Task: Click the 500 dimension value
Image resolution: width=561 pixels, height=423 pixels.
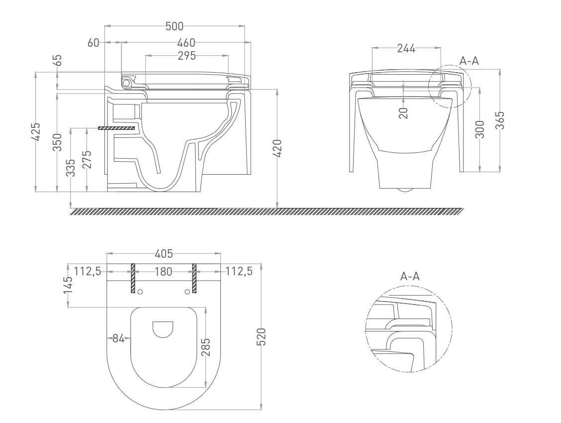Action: [x=175, y=26]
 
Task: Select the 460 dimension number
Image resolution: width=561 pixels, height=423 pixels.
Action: [x=187, y=43]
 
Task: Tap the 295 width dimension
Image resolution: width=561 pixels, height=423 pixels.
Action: [x=187, y=55]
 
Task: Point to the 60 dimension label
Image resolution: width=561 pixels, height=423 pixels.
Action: [x=93, y=43]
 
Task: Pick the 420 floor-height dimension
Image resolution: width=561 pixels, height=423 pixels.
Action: [x=278, y=148]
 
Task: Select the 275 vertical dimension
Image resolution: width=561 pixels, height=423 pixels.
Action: [x=88, y=159]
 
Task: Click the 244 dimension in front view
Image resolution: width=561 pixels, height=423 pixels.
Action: [x=406, y=48]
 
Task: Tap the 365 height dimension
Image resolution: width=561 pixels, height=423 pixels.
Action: [x=500, y=120]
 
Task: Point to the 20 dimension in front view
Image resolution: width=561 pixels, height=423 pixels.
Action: [x=403, y=113]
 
